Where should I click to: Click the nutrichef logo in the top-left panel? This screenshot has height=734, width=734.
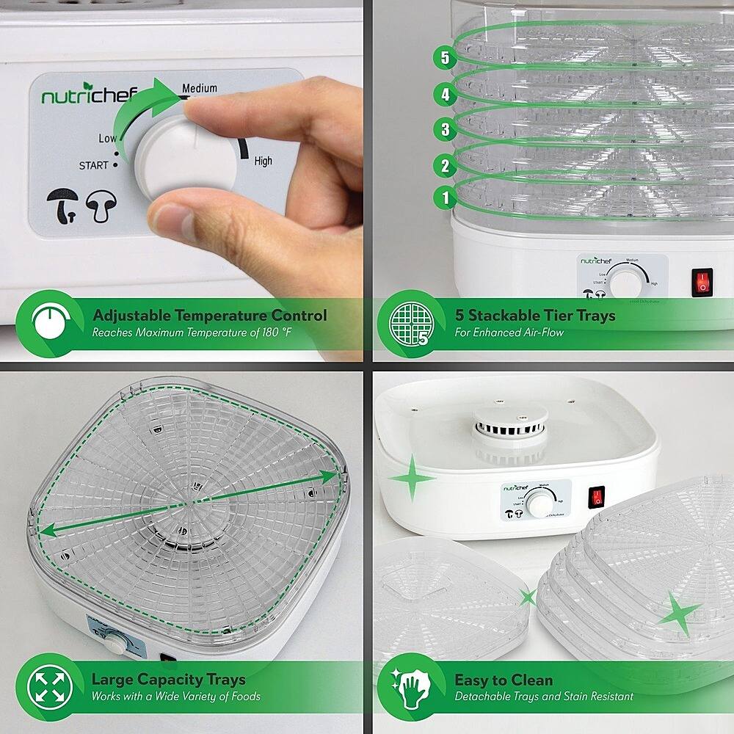click(72, 96)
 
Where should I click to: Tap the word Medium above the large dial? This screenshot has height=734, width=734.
click(200, 88)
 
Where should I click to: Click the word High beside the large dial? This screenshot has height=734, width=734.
click(263, 161)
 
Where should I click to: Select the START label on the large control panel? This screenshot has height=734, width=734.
click(93, 165)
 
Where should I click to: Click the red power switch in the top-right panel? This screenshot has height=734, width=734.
click(702, 280)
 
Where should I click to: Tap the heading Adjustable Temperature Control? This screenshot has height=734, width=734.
click(209, 316)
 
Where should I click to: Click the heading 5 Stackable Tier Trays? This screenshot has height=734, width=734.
click(534, 316)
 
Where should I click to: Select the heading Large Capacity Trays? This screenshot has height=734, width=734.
click(168, 679)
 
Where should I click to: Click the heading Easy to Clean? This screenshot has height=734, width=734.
click(504, 679)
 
